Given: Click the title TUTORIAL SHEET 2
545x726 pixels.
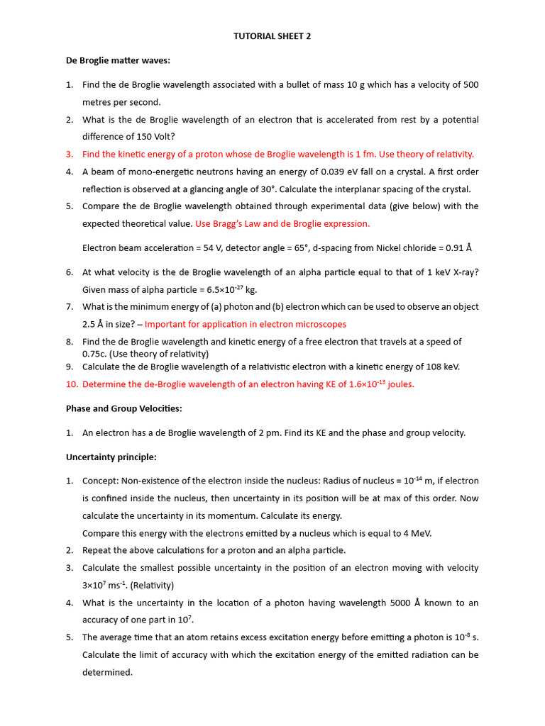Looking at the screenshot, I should tap(272, 37).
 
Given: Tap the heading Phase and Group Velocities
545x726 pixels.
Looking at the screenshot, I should tap(124, 408).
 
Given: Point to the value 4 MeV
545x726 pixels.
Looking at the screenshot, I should tap(416, 533).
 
